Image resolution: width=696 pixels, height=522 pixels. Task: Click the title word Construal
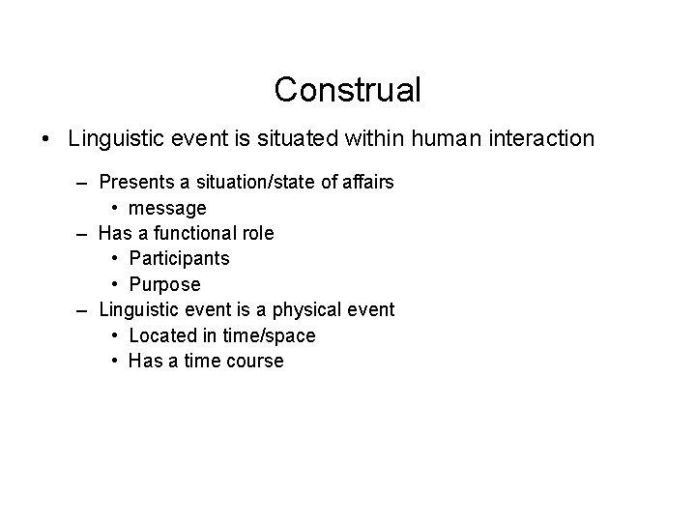347,90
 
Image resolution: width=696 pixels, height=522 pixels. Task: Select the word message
167,208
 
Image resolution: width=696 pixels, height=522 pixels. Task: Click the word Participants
179,259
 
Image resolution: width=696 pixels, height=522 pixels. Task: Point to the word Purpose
164,284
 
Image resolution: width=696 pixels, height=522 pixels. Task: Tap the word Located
163,335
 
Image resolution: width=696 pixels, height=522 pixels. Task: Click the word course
253,361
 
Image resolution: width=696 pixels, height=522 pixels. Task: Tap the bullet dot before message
114,208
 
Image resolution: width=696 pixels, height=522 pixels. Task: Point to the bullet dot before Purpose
114,284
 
